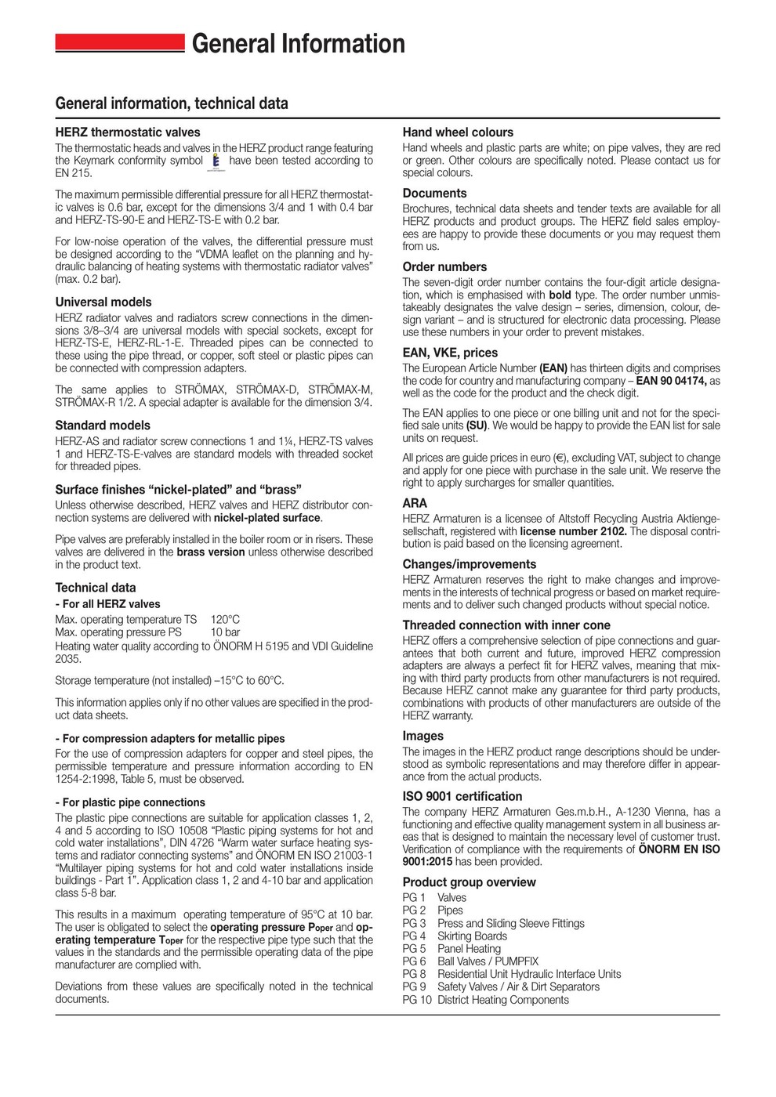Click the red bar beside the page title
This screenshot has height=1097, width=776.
(119, 43)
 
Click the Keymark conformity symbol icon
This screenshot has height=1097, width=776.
(217, 161)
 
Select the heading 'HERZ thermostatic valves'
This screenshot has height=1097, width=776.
(128, 132)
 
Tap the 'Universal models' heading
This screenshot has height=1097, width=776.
(103, 302)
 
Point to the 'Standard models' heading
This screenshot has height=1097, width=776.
(103, 425)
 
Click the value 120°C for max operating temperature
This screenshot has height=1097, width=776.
(225, 619)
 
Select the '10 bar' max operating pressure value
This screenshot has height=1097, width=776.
(225, 632)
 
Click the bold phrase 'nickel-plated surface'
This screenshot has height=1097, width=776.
(267, 518)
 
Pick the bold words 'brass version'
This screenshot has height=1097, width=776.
(211, 552)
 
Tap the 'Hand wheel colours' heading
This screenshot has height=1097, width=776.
(458, 132)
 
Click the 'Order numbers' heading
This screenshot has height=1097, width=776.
(444, 266)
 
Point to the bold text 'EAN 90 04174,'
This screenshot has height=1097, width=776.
(672, 381)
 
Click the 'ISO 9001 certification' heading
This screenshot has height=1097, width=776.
(462, 796)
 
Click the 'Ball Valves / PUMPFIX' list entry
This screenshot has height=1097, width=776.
(488, 961)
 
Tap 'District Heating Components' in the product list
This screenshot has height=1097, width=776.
(503, 1000)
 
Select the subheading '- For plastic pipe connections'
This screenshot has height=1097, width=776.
(130, 802)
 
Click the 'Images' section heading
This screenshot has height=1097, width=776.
(423, 736)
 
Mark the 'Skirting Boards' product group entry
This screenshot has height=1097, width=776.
(472, 936)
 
